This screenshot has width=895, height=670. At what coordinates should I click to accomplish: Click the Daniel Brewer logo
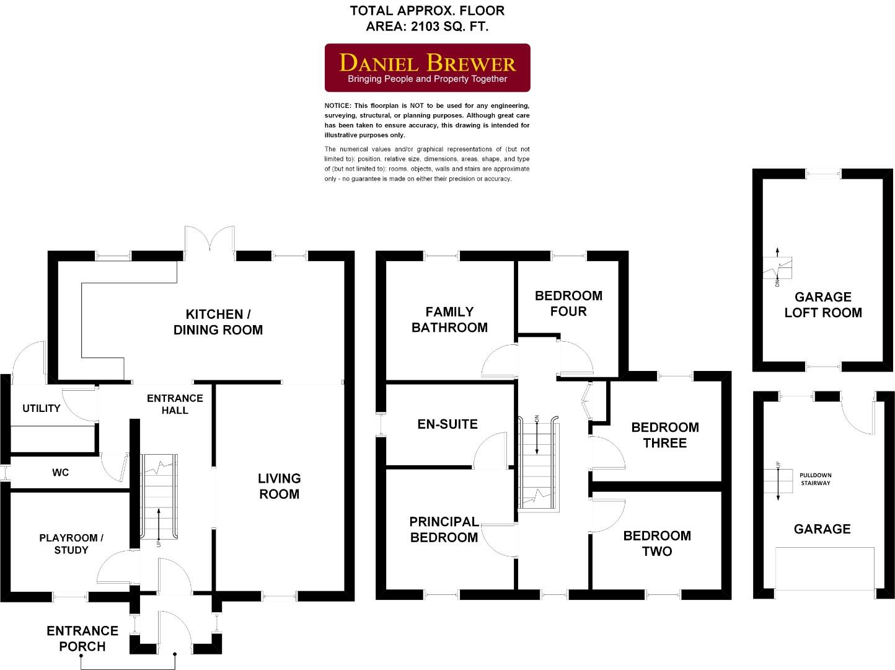[428, 68]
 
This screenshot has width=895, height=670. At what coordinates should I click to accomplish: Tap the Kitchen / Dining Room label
[218, 322]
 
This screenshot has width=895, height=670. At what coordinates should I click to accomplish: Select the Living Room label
[279, 486]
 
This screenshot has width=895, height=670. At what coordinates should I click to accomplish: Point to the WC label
[61, 473]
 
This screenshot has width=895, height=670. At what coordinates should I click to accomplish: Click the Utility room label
[42, 408]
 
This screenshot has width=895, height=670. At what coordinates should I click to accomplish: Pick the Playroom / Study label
[71, 544]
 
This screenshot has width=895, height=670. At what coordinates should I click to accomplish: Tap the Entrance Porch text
[82, 638]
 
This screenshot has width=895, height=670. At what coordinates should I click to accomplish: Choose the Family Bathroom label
[449, 319]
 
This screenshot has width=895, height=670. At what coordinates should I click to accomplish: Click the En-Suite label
[447, 424]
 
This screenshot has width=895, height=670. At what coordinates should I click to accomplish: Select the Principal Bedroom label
[444, 530]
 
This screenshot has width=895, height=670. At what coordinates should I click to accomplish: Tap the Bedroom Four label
[568, 303]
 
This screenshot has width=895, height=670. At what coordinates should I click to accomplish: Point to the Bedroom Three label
[664, 435]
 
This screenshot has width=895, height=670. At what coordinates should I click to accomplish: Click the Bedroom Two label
[657, 543]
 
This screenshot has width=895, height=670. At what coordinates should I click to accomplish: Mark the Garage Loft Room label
[823, 305]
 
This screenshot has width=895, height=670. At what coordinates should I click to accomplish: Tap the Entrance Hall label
[175, 404]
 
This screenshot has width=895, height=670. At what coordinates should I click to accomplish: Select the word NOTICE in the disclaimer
[338, 105]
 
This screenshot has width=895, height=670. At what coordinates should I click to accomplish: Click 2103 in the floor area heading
[425, 27]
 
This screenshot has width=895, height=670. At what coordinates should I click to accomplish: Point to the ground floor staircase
[161, 496]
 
